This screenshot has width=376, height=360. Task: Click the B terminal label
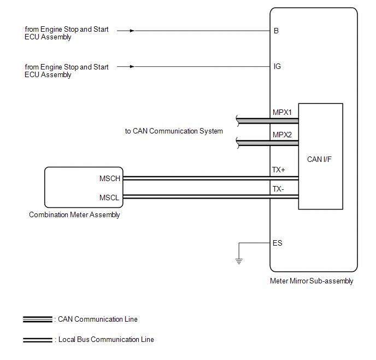click(276, 31)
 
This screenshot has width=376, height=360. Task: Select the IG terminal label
click(277, 67)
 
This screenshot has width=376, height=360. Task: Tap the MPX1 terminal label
click(282, 113)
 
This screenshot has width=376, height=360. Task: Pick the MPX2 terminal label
click(282, 135)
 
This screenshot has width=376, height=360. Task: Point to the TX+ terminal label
click(279, 170)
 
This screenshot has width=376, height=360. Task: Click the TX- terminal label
click(278, 189)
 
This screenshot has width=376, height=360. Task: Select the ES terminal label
click(278, 243)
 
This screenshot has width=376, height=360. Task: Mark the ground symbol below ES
click(239, 260)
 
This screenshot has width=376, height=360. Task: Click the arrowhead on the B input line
click(132, 31)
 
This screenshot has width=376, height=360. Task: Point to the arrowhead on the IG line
click(132, 67)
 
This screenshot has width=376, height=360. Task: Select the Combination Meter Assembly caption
click(74, 215)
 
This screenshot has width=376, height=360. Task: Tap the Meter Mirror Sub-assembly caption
click(312, 281)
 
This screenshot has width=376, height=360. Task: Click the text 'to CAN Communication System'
click(174, 131)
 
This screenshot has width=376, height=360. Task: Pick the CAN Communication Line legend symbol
click(37, 320)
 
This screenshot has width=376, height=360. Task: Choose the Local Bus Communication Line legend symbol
click(37, 340)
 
